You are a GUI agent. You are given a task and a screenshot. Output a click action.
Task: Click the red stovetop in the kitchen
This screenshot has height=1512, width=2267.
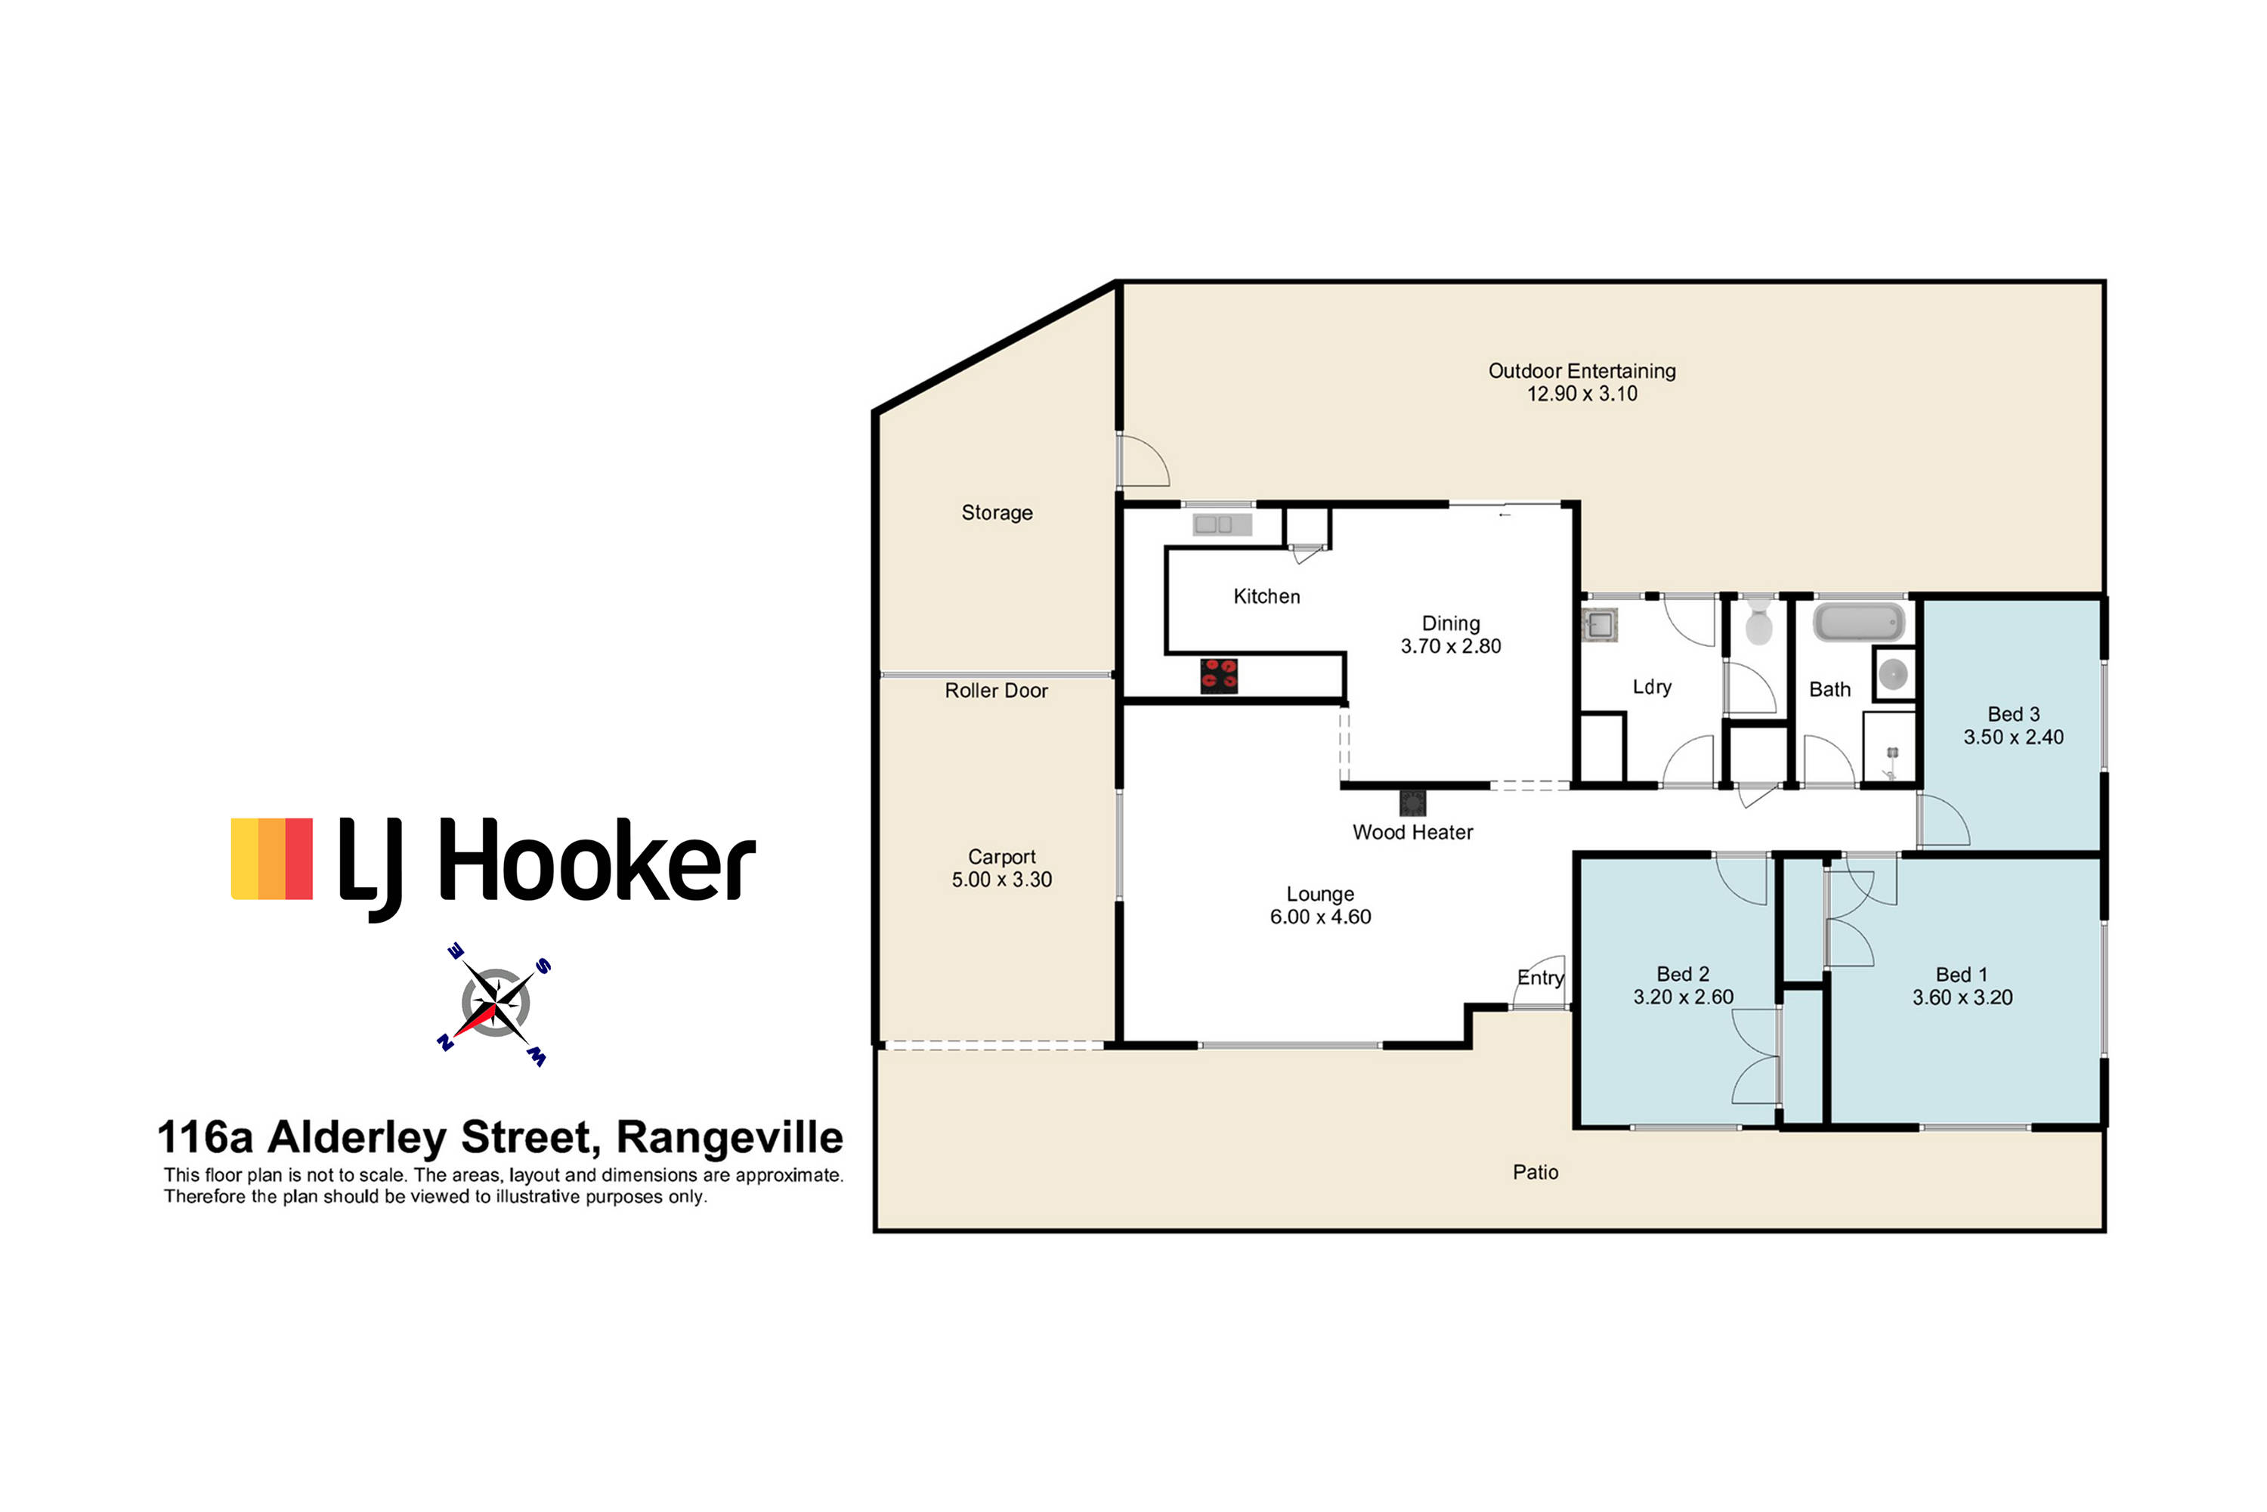1219,676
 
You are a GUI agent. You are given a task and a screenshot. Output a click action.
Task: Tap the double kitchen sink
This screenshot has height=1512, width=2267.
1222,524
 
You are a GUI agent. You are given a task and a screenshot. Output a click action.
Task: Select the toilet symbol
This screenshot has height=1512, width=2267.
1759,622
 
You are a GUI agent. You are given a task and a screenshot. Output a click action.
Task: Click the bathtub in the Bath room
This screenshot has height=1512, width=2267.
1859,623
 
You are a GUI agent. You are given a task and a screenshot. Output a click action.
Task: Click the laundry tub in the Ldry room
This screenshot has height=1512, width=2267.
1600,625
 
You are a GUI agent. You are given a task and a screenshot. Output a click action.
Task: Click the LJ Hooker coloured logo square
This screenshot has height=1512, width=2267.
272,859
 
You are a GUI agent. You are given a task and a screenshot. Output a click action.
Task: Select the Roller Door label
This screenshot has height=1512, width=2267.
996,691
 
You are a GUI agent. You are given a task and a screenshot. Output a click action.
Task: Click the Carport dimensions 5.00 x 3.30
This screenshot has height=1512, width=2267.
1002,880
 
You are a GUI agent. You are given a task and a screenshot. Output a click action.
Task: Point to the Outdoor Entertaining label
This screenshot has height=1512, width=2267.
1582,371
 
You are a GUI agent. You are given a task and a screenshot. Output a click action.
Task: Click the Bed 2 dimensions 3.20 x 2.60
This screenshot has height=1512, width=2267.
1683,997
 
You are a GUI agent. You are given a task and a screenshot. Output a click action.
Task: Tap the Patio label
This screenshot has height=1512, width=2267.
1535,1172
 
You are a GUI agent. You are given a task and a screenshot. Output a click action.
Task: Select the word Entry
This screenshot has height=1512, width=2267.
1540,978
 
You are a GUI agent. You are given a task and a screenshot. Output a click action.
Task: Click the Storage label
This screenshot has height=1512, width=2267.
997,513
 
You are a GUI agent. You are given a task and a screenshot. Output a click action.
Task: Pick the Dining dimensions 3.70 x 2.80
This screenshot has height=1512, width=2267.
1450,646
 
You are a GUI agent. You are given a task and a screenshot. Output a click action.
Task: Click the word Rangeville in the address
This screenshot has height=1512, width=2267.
729,1137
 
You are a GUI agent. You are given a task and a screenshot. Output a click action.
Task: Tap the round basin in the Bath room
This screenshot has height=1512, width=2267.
1893,674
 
